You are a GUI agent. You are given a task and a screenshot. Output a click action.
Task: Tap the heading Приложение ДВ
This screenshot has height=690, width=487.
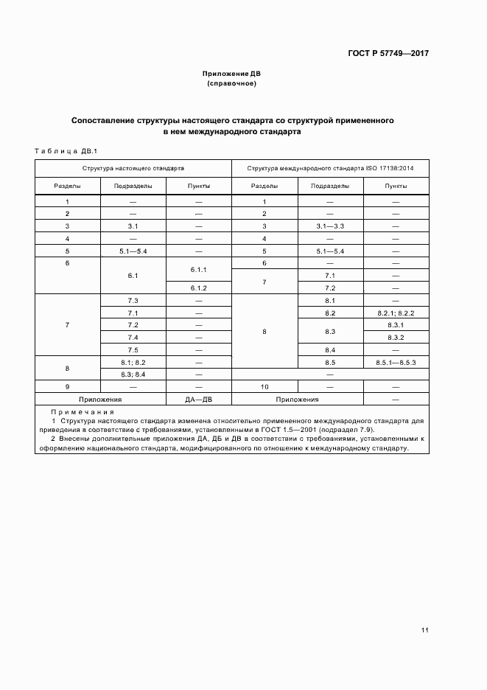(x=231, y=74)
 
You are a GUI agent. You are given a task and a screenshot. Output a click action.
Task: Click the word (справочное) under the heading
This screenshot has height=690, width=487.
(x=231, y=83)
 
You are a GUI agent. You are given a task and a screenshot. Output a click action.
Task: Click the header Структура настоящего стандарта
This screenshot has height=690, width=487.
(x=133, y=168)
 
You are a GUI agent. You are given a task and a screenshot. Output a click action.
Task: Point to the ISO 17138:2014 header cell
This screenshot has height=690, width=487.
(x=330, y=168)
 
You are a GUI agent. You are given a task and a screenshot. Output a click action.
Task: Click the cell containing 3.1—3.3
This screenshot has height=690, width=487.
(x=330, y=226)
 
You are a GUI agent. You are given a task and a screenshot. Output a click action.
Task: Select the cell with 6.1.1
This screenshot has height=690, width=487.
(x=199, y=269)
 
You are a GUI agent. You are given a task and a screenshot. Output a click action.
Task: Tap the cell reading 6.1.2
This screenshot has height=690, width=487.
(x=199, y=287)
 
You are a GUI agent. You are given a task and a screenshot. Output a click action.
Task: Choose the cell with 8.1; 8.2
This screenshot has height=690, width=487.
(x=133, y=363)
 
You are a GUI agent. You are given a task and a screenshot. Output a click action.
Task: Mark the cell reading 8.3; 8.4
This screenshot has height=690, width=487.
(x=133, y=374)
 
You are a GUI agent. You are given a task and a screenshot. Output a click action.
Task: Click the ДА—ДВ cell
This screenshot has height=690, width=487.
(x=199, y=399)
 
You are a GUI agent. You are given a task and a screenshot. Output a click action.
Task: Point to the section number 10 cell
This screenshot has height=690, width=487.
(x=264, y=386)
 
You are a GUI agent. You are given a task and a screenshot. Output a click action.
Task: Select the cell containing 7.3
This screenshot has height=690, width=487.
(x=133, y=301)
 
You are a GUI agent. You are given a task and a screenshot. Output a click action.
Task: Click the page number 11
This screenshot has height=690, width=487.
(x=425, y=630)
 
